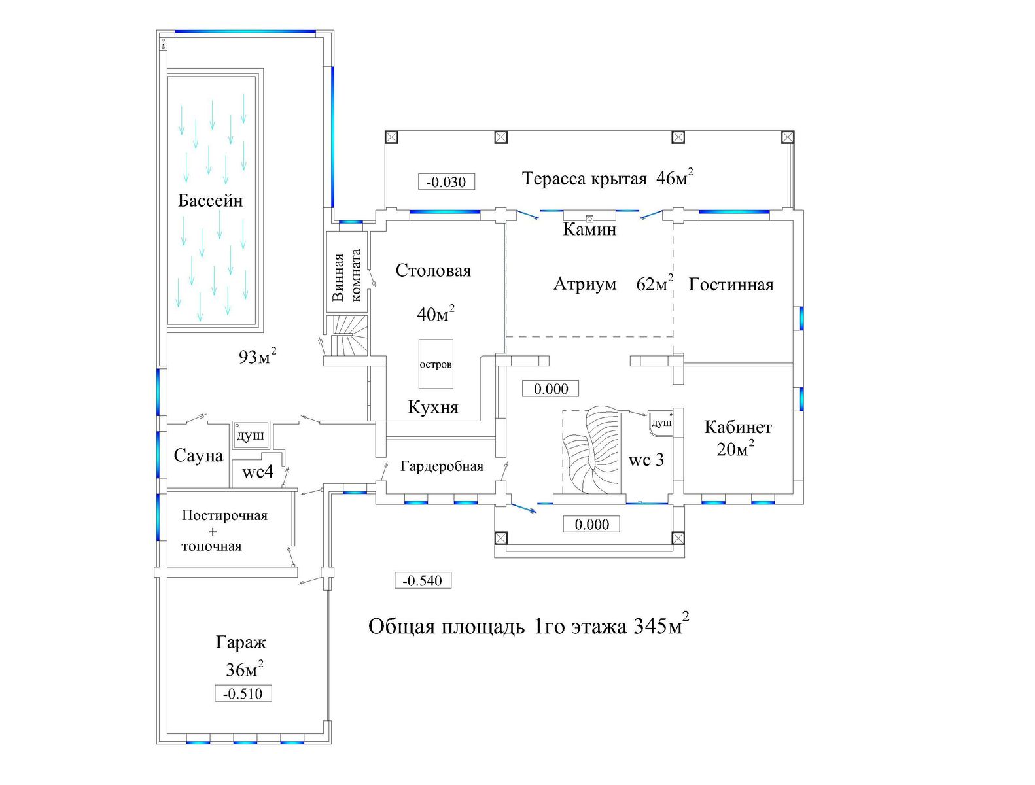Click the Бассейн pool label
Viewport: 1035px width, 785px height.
pos(210,201)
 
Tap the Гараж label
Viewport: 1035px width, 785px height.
pos(241,642)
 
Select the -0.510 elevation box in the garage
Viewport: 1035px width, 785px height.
pos(243,693)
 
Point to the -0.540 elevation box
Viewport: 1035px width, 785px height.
pos(423,580)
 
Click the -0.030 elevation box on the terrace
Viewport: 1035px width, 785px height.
pos(446,181)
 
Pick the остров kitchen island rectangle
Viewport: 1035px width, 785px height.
pos(436,364)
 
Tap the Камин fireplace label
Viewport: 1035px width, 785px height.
pos(589,230)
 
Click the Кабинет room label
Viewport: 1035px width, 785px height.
pos(738,427)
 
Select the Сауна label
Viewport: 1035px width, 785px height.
pos(198,455)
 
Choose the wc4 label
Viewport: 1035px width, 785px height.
pos(258,472)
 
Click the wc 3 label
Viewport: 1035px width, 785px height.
pos(646,460)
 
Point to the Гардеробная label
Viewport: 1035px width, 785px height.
pos(442,466)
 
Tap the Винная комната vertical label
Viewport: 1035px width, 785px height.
pos(347,275)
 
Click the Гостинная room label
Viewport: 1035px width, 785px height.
pos(731,285)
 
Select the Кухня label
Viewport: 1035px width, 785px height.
pos(433,408)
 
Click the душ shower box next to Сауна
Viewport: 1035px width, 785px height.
pos(250,436)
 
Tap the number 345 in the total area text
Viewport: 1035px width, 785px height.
pos(650,626)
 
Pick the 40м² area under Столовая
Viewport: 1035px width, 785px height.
pos(436,313)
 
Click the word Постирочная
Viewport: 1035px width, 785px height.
pos(224,515)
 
